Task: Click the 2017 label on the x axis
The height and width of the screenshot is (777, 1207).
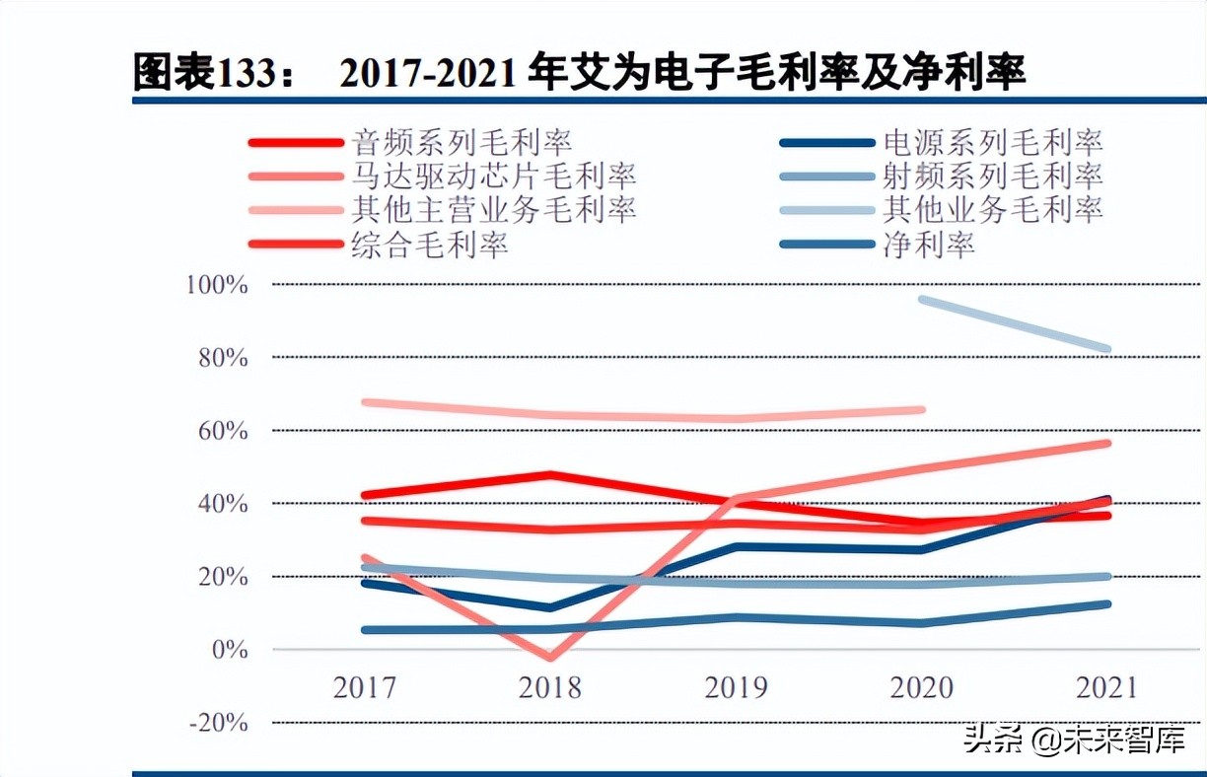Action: (365, 687)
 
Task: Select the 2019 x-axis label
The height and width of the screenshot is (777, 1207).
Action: (737, 687)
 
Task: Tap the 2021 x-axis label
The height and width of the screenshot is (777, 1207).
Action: (1106, 687)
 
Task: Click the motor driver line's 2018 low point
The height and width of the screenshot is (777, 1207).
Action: (551, 657)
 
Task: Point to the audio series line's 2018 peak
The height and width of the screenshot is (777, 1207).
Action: (551, 475)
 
